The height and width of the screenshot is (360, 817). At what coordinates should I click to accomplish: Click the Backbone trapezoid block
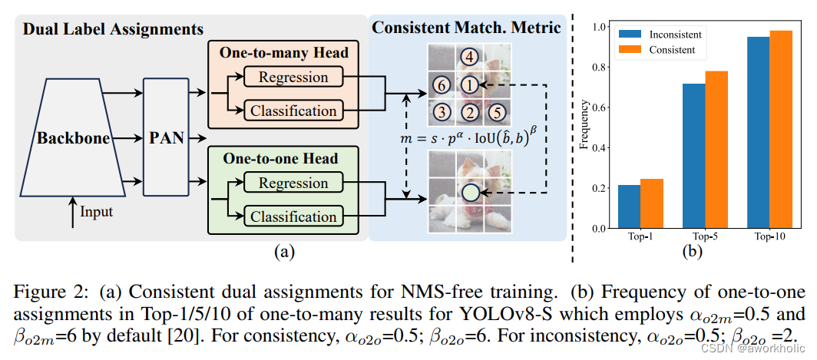coord(73,140)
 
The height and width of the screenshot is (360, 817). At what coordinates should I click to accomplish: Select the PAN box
coord(166,140)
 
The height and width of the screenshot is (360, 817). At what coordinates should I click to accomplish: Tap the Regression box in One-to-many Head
coord(293,77)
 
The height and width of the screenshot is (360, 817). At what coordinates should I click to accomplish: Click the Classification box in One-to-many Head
coord(293,111)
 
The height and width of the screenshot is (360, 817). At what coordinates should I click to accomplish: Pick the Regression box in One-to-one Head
coord(293,183)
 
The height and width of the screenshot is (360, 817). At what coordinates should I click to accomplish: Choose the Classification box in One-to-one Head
coord(293,216)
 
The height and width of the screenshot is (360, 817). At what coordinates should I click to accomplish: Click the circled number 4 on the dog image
coord(469,56)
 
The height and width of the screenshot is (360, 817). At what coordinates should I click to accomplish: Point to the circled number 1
coord(469,84)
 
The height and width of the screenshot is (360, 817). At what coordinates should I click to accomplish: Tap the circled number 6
coord(441,84)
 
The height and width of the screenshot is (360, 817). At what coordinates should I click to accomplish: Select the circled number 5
coord(497,112)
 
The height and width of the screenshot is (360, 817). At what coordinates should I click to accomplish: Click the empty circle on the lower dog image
coord(469,193)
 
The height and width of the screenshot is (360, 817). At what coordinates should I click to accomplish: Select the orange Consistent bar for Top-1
coord(651,203)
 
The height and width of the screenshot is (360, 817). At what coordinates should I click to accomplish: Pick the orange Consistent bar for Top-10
coord(782,130)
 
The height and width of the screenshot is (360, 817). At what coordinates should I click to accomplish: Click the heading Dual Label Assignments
coord(113,30)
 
